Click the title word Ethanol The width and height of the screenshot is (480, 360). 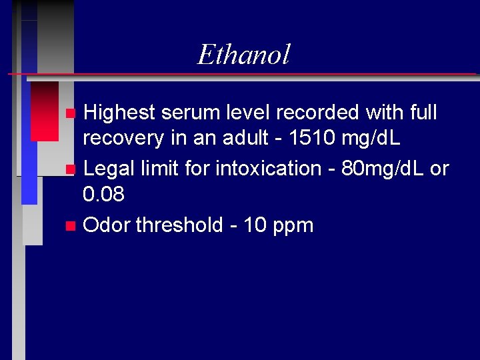click(x=243, y=55)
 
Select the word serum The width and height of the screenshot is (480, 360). click(x=197, y=113)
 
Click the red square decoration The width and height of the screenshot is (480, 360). click(x=44, y=111)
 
